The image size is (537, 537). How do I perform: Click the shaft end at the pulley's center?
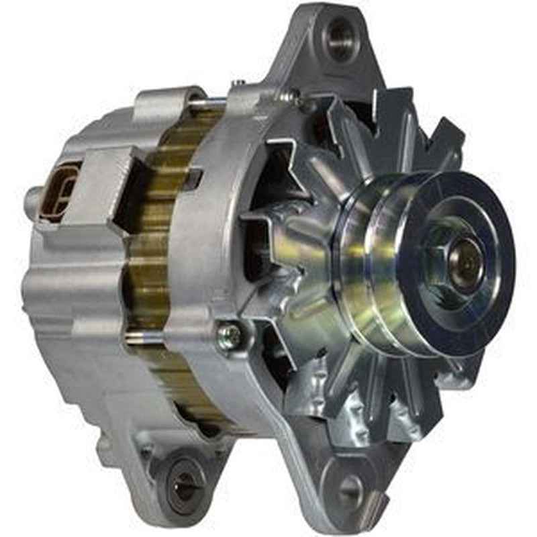[x=464, y=264]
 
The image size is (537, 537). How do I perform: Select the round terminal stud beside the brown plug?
[x=32, y=201]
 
